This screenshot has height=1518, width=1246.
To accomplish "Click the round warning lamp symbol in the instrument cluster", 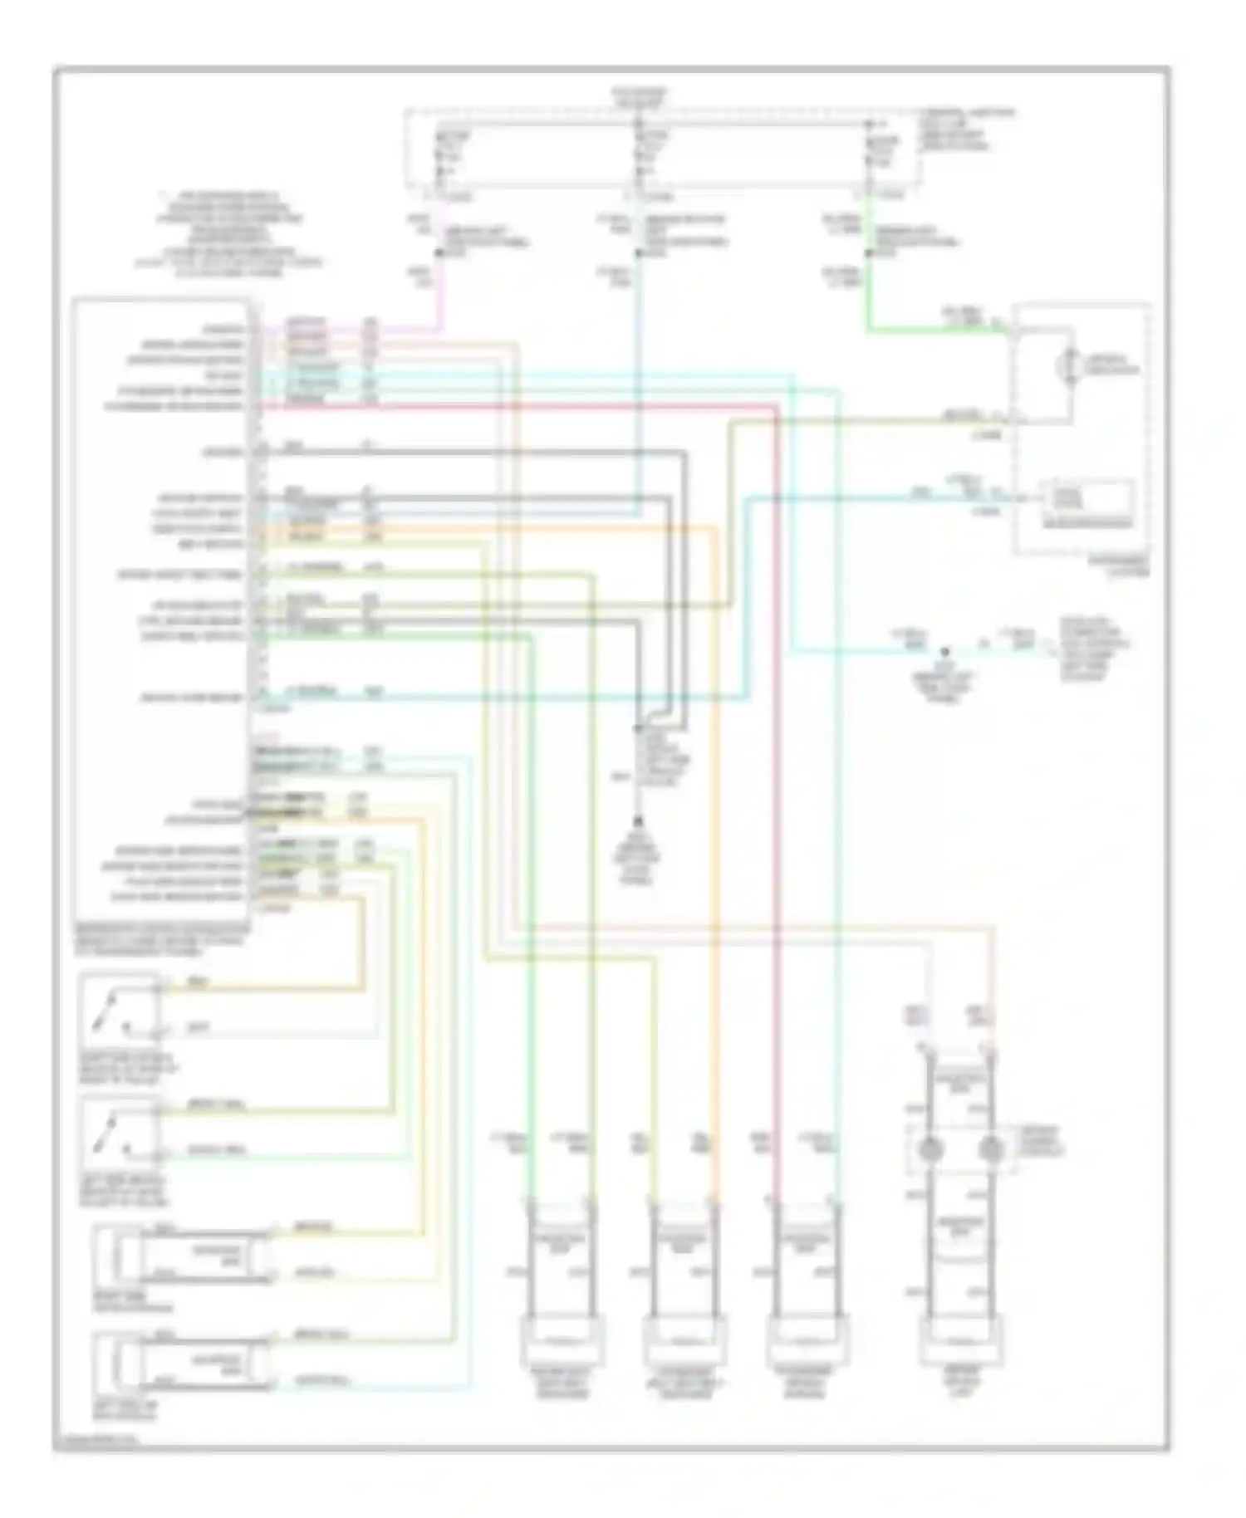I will pos(1070,366).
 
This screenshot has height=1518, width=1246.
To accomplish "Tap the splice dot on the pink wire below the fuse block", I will pos(438,253).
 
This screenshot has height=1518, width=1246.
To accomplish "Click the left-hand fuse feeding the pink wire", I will pos(440,154).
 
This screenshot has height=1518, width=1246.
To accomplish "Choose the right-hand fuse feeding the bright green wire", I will pos(868,154).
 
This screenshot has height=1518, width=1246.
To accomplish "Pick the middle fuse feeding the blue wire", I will pos(639,154).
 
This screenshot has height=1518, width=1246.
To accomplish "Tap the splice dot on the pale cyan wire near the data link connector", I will pos(944,653).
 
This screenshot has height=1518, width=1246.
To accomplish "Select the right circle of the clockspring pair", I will pos(989,1149).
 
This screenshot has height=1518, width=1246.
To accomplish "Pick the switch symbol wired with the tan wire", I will pos(118,1012).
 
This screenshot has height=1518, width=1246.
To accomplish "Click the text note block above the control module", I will pos(229,235).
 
